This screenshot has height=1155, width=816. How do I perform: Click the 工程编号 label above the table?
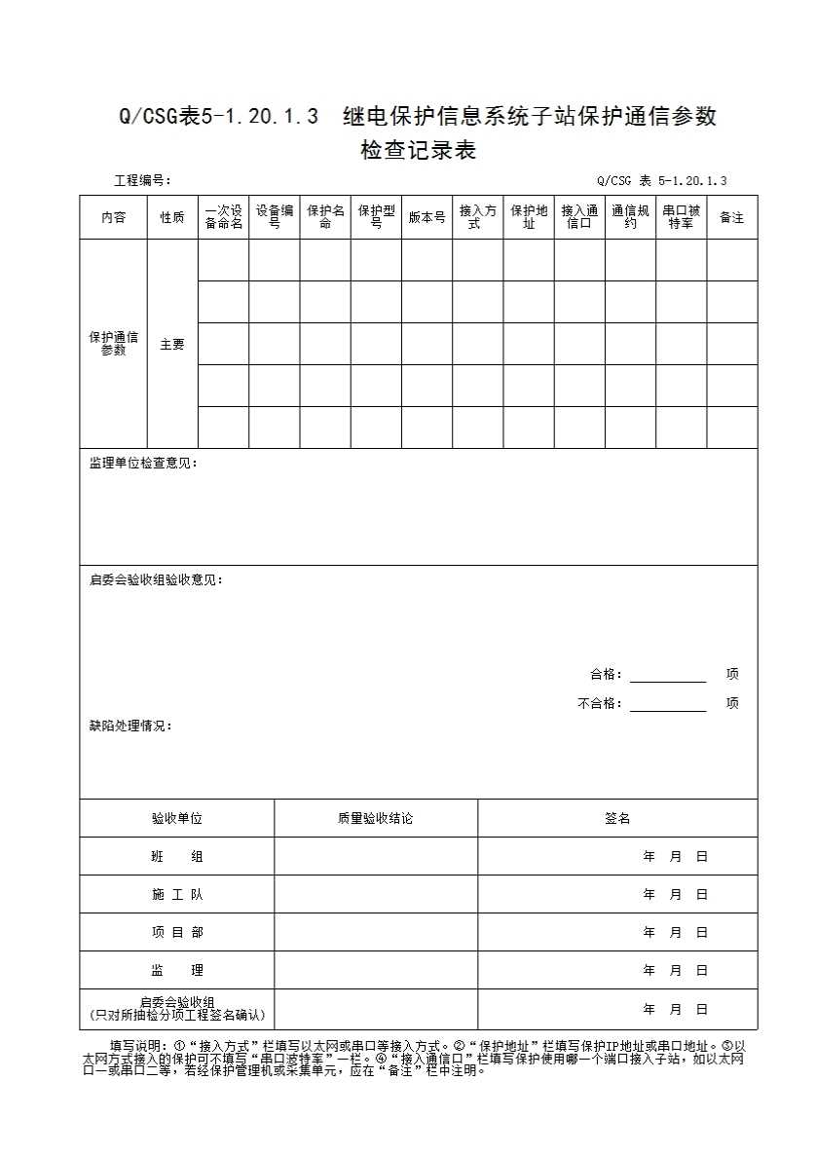(142, 180)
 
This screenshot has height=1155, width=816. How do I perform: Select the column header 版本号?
(427, 217)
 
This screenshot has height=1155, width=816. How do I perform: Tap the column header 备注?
(731, 217)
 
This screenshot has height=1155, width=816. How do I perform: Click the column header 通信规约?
(630, 217)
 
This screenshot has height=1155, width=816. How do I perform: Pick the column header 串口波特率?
(681, 217)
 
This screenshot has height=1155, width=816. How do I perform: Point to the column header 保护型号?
(376, 217)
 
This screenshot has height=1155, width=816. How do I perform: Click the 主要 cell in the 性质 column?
(172, 345)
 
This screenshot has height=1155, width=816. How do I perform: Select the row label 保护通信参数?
(114, 344)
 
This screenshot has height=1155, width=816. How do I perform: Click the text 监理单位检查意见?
(142, 464)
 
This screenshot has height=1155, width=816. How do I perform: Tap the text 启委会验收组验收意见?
(156, 580)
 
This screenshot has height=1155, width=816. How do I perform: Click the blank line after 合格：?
(667, 675)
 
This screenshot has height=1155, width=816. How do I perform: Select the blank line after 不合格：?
(667, 704)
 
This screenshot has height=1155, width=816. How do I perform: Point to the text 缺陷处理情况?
(130, 727)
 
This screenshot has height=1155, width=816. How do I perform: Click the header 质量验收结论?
(375, 819)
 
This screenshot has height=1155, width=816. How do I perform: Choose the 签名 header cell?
(617, 819)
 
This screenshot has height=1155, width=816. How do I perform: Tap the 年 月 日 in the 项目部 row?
(675, 933)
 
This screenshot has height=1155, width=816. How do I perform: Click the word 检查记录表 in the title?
(418, 151)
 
